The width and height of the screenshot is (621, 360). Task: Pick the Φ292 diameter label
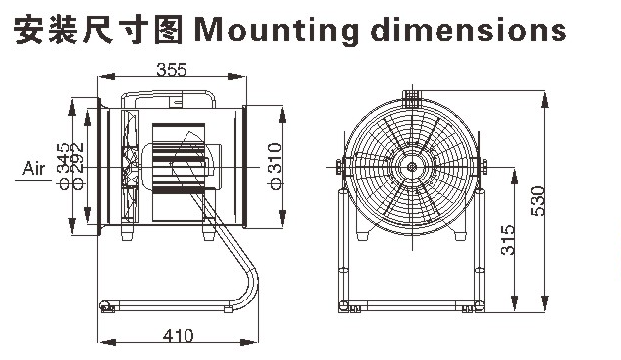pos(79,170)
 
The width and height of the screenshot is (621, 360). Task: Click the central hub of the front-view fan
pos(409,170)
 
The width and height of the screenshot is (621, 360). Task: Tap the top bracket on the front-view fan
pos(409,97)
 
